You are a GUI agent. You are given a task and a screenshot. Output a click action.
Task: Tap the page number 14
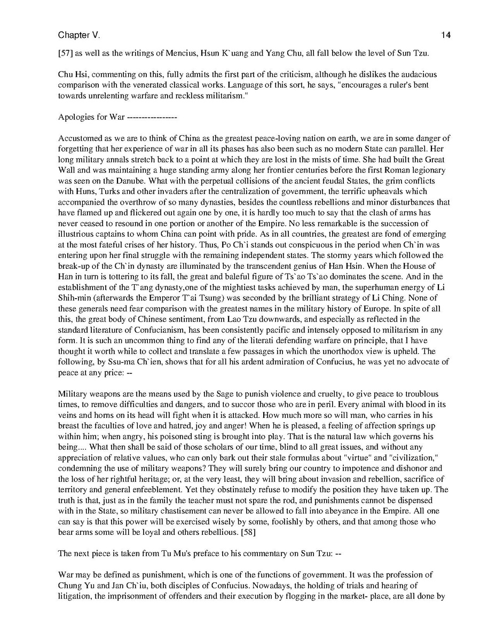pyautogui.click(x=446, y=35)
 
